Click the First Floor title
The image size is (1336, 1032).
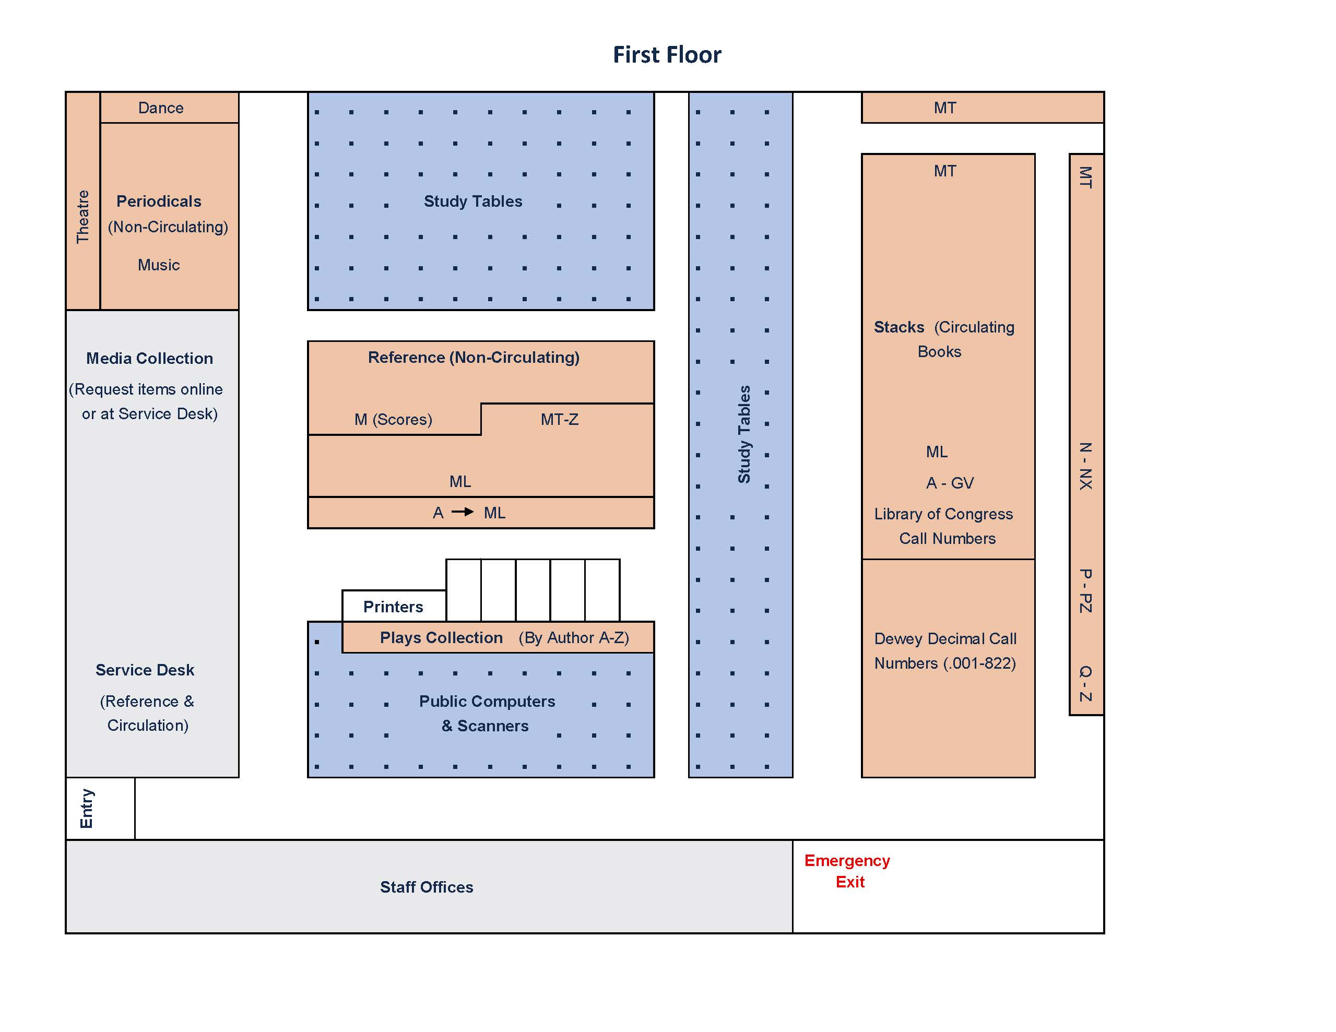pyautogui.click(x=667, y=55)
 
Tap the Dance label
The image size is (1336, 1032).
pyautogui.click(x=161, y=108)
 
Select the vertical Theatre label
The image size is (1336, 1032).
pyautogui.click(x=82, y=217)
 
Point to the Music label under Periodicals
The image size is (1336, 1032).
pyautogui.click(x=158, y=265)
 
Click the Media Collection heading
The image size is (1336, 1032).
pyautogui.click(x=149, y=359)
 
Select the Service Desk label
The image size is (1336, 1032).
pyautogui.click(x=145, y=670)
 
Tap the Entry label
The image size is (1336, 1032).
pyautogui.click(x=87, y=808)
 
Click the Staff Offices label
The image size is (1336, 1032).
pyautogui.click(x=427, y=887)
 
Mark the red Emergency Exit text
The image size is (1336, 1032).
pyautogui.click(x=847, y=871)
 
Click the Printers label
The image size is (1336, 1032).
pyautogui.click(x=393, y=607)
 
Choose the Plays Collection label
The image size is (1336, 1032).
pyautogui.click(x=441, y=637)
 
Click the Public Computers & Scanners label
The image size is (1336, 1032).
pyautogui.click(x=487, y=713)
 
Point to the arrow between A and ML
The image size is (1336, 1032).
pyautogui.click(x=463, y=512)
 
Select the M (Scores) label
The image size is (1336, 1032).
pyautogui.click(x=393, y=420)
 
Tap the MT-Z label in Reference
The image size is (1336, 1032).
pyautogui.click(x=559, y=420)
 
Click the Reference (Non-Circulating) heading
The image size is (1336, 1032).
pyautogui.click(x=474, y=357)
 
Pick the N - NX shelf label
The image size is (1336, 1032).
pyautogui.click(x=1085, y=466)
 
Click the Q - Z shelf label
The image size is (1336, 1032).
pyautogui.click(x=1085, y=683)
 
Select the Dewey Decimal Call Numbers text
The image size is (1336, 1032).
pyautogui.click(x=945, y=651)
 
